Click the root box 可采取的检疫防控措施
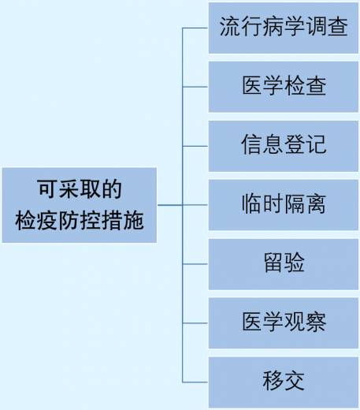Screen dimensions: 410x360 pos(80,205)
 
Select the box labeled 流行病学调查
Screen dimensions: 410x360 pos(284,28)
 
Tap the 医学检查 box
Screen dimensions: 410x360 pos(284,87)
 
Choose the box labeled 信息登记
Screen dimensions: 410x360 pos(284,146)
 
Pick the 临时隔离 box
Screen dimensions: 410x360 pos(284,205)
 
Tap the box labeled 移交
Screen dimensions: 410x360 pos(284,382)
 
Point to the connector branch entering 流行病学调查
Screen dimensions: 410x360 pos(195,28)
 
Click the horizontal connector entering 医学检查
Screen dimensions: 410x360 pos(195,87)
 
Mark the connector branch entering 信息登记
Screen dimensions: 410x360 pos(195,146)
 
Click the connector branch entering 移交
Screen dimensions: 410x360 pos(195,382)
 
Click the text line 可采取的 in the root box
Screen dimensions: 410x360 pos(80,190)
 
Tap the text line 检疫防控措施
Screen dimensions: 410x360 pos(80,220)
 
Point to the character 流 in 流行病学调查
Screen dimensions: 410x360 pos(230,28)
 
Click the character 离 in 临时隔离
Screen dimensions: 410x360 pos(315,205)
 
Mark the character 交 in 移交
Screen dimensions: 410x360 pos(294,382)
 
